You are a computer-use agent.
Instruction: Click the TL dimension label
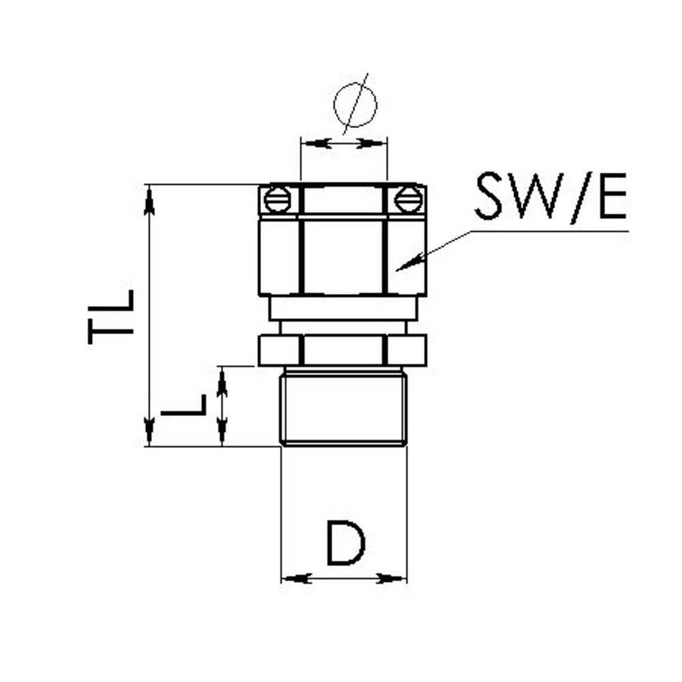tap(110, 316)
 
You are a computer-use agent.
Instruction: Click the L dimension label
tap(183, 405)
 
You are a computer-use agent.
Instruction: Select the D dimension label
tap(346, 542)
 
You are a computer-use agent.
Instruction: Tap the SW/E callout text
tap(551, 196)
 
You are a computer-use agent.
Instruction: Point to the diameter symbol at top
tap(355, 104)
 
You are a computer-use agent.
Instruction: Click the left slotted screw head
tap(278, 200)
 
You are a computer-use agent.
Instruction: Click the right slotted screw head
tap(408, 200)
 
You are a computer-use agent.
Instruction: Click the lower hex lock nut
tap(343, 350)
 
